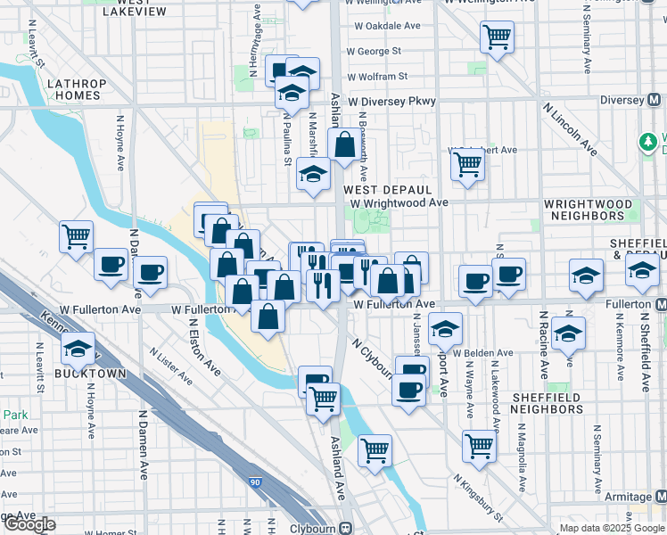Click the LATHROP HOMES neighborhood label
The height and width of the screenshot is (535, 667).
coord(76,89)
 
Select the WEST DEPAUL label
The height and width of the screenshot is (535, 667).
coord(388,190)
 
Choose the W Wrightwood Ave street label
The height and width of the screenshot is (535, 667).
coord(399,202)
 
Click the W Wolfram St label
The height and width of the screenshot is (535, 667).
coord(377,77)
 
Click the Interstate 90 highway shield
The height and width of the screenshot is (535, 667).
coord(256,482)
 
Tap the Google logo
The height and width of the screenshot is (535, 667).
coord(29,523)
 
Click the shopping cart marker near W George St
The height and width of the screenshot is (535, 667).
coord(498,37)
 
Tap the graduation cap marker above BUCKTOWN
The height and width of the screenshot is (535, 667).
coord(78,349)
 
